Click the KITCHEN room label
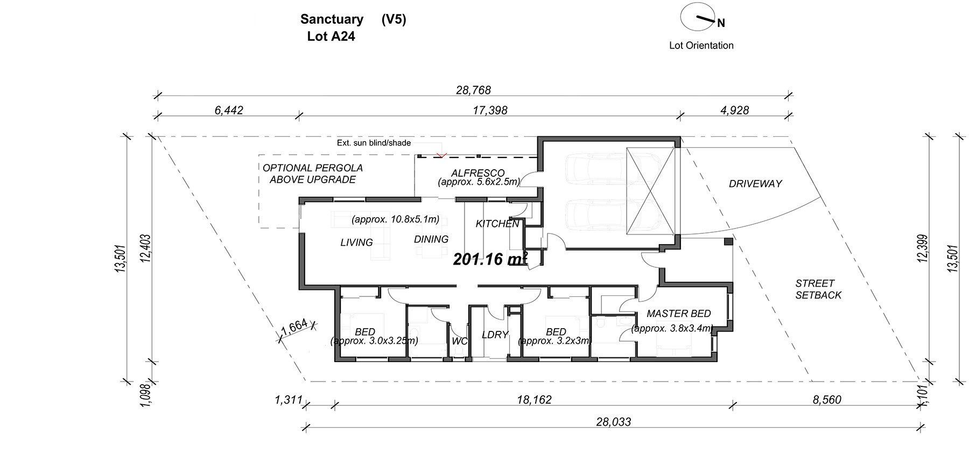pos(497,224)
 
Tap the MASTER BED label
pos(678,314)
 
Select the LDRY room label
pos(495,335)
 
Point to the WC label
pos(460,341)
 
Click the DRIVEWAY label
pos(755,184)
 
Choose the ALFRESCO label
pos(478,173)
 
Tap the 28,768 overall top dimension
pos(473,90)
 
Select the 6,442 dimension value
pos(229,110)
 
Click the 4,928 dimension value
pos(734,110)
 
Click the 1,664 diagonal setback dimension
pos(294,328)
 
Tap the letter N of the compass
pos(721,23)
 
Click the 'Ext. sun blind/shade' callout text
pos(374,143)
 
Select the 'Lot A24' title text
pos(331,37)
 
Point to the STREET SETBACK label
pos(818,289)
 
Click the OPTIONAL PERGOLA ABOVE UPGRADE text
pos(313,174)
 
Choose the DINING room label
pos(431,239)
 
